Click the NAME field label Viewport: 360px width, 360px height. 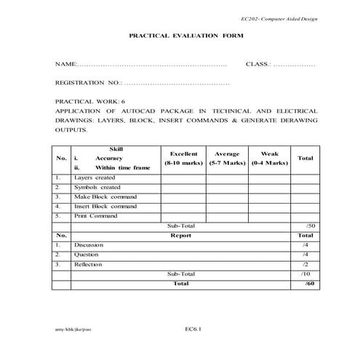tap(65, 65)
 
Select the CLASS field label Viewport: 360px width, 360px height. tap(257, 65)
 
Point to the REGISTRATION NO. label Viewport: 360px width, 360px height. tap(87, 84)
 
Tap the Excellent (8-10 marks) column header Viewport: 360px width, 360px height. tap(183, 159)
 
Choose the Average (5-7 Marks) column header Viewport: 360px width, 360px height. tap(227, 159)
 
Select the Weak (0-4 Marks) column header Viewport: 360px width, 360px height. tap(269, 159)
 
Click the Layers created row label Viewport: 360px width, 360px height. tap(95, 177)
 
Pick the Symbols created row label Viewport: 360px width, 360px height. tap(97, 187)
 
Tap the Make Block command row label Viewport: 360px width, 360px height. tap(105, 197)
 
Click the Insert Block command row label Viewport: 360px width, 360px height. tap(105, 207)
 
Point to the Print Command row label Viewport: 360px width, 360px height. tap(95, 216)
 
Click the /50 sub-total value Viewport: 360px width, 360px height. tap(311, 226)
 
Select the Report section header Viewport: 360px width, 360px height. tap(180, 236)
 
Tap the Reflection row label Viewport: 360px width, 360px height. tap(88, 265)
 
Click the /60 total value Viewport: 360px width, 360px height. tap(310, 283)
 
